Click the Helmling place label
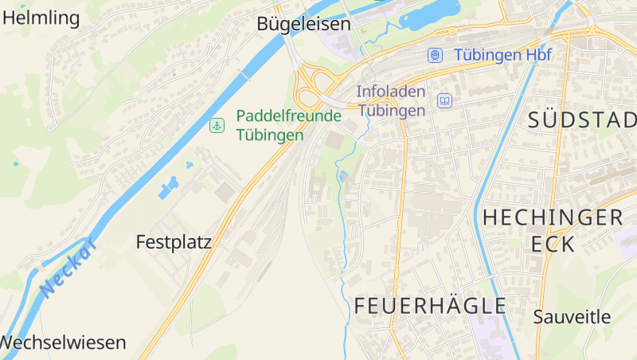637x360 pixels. (41, 18)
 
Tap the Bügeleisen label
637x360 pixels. (303, 25)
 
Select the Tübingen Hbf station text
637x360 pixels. (502, 55)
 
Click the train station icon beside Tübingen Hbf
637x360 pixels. (435, 55)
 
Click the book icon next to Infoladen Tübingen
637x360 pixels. (444, 100)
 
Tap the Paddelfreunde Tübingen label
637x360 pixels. (288, 125)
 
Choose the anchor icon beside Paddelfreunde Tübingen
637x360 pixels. (217, 125)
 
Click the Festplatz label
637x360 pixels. (174, 242)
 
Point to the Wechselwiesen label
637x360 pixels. (63, 343)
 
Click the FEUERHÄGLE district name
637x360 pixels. (430, 305)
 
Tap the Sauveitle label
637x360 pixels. (572, 316)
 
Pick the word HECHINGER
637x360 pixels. (553, 217)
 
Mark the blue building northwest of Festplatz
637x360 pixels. (168, 189)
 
